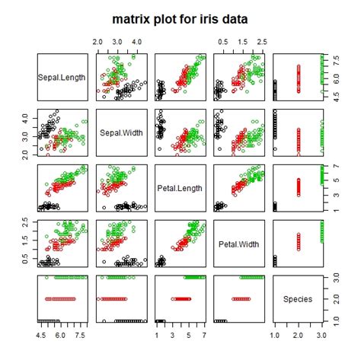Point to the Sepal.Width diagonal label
121,135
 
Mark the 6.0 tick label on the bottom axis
59,335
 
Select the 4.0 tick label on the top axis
136,42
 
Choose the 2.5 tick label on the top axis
261,42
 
